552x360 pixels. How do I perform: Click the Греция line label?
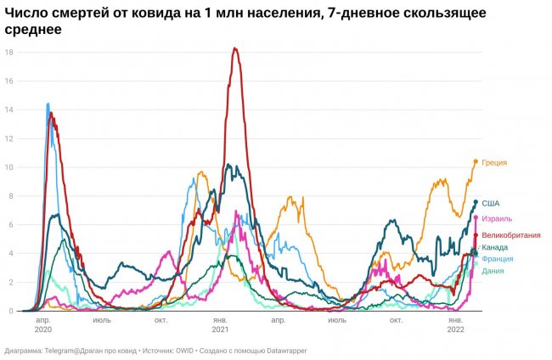tap(494, 162)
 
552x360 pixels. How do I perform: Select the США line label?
tap(491, 203)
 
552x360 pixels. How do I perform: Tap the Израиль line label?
tap(497, 218)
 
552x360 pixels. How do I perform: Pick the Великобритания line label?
tap(511, 234)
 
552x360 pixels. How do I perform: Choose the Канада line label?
tap(495, 247)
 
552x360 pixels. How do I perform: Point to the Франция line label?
tap(497, 258)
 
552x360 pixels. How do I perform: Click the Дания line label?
tap(492, 270)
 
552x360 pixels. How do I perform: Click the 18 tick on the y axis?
tap(8, 53)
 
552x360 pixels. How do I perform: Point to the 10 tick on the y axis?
tap(8, 167)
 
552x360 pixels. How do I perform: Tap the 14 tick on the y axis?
tap(8, 110)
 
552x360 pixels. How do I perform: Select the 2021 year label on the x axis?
tap(220, 329)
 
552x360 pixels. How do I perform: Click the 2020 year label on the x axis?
tap(43, 329)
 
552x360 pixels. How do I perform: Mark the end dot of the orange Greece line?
tap(476, 161)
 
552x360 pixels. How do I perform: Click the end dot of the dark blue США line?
tap(476, 202)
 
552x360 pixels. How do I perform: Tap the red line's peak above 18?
tap(234, 48)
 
